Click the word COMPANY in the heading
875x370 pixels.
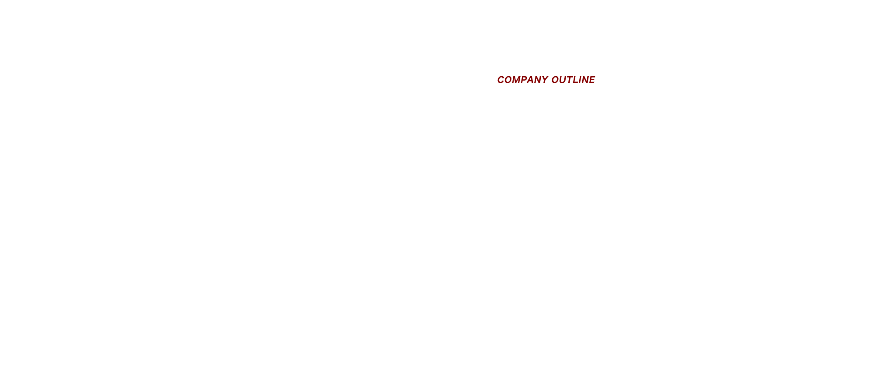[x=522, y=80]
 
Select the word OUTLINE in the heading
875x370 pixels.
[x=573, y=80]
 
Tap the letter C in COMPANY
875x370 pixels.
[x=501, y=80]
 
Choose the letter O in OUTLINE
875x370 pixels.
[x=556, y=80]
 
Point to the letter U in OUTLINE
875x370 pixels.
[x=564, y=80]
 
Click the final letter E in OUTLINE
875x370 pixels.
[x=592, y=80]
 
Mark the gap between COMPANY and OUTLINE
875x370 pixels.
[x=550, y=80]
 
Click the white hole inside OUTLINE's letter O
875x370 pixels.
[x=556, y=80]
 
